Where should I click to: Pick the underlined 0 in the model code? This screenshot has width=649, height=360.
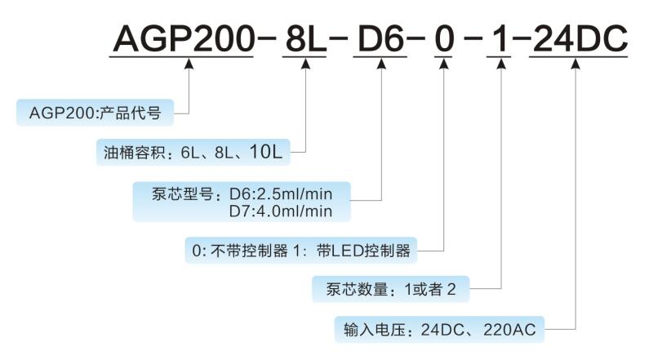click(442, 38)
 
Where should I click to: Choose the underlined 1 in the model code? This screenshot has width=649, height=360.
click(498, 38)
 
